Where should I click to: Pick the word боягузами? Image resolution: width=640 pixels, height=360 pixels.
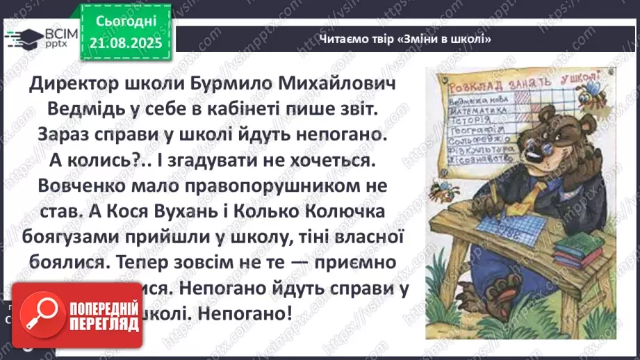76,238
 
